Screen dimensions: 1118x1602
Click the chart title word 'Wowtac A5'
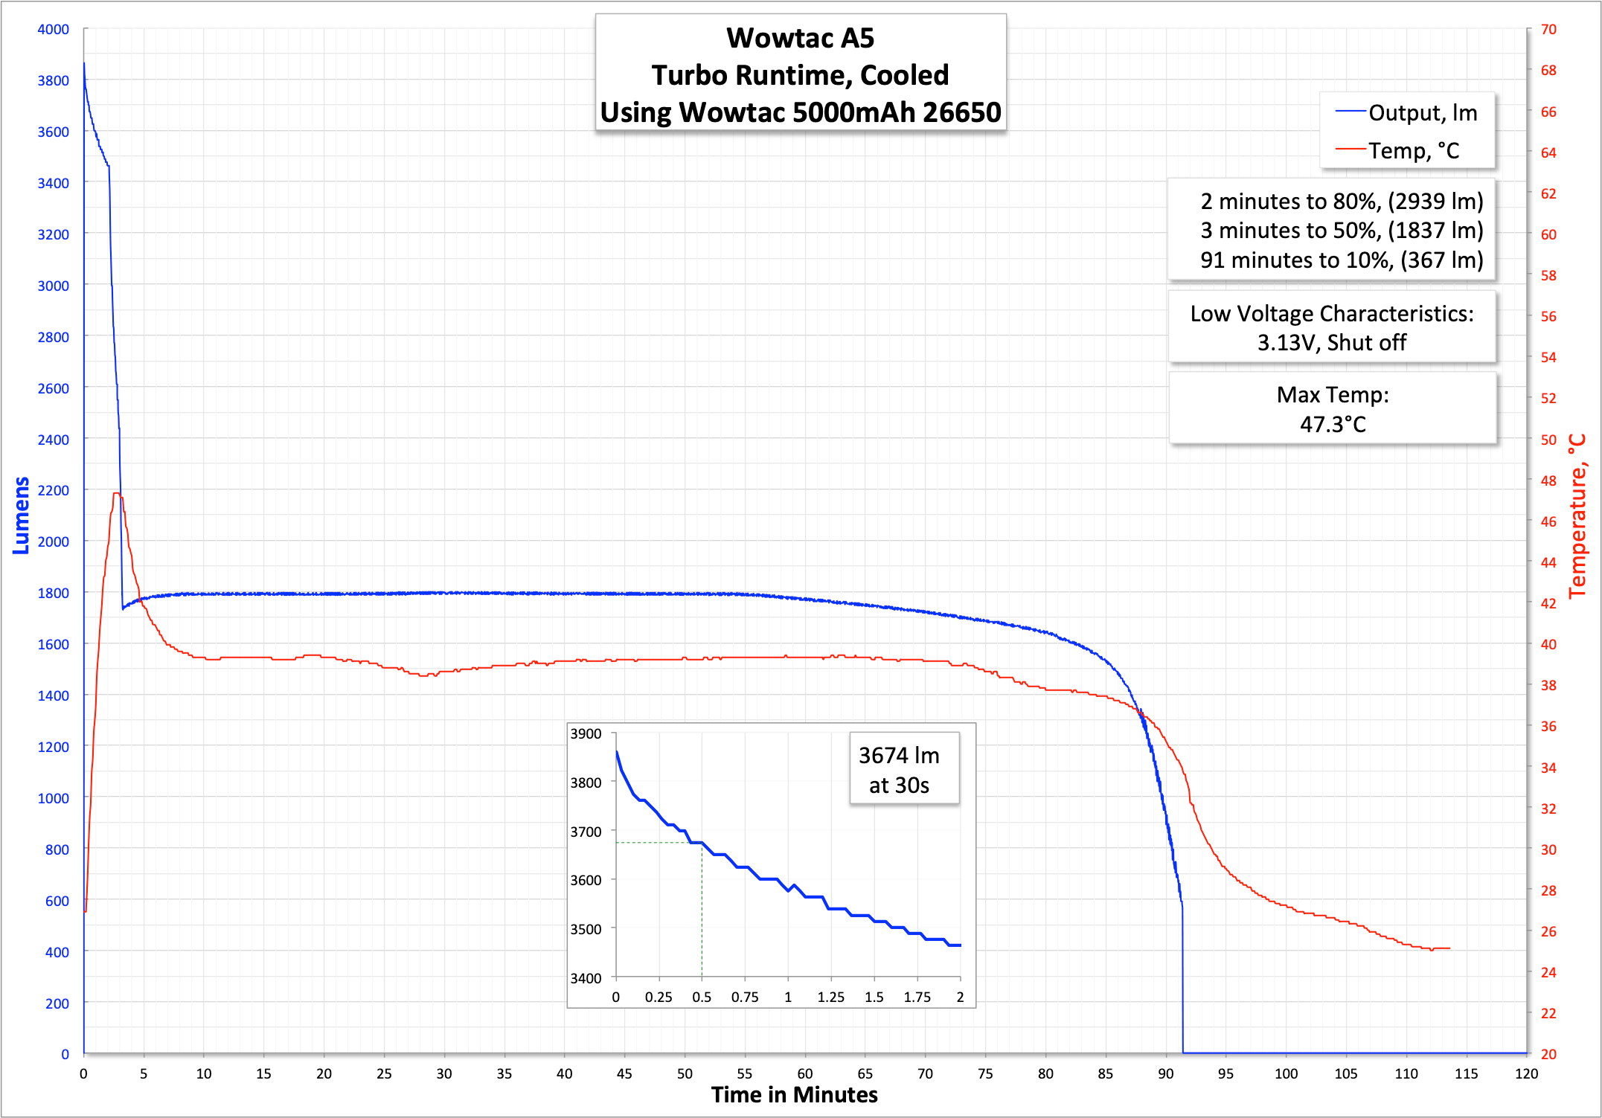tap(800, 38)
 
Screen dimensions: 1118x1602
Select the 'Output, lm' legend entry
tap(1422, 113)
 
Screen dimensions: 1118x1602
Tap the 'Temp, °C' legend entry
tap(1413, 151)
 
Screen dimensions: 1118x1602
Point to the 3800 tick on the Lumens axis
tap(53, 80)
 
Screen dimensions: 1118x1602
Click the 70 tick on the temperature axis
tap(1548, 29)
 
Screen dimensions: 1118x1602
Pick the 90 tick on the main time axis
tap(1165, 1073)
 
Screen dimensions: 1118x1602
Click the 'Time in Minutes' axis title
tap(794, 1095)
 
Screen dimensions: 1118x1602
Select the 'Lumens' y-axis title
tap(21, 515)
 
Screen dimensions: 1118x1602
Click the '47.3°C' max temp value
tap(1333, 424)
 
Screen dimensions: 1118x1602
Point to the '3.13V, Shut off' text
tap(1331, 343)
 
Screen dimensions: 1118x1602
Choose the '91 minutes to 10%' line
tap(1341, 260)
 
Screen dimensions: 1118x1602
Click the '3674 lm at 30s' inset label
tap(899, 770)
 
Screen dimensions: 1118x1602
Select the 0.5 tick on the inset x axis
tap(702, 997)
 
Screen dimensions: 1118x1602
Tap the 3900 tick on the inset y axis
tap(586, 733)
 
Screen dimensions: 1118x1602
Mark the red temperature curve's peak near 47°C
tap(116, 493)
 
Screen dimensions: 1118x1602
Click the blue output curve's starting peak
tap(84, 64)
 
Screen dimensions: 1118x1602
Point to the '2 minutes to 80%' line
tap(1341, 201)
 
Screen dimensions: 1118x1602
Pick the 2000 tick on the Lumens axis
tap(53, 542)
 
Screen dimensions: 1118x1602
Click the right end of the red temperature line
tap(1449, 948)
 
